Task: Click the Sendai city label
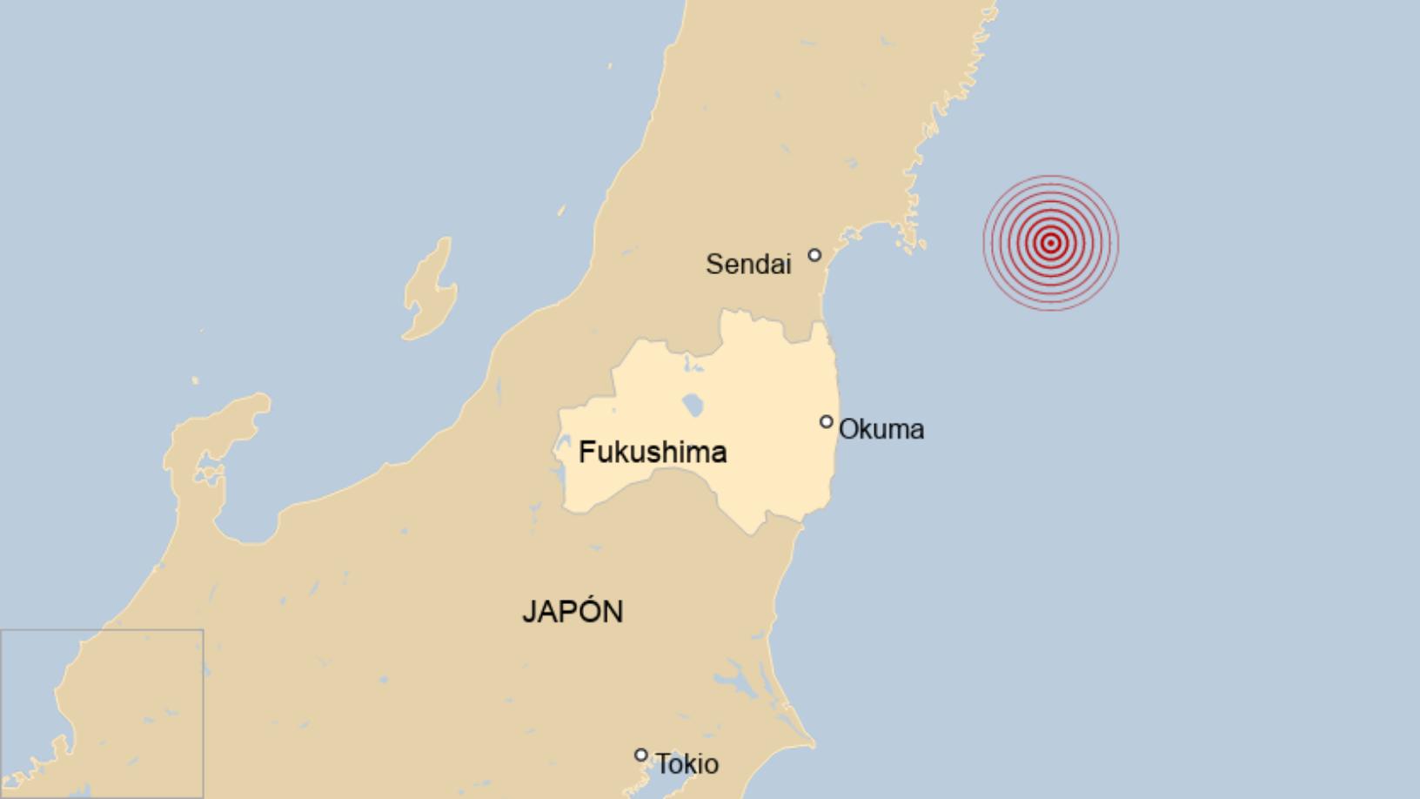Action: click(x=748, y=264)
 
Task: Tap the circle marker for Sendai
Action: click(x=814, y=255)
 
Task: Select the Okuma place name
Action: click(x=881, y=429)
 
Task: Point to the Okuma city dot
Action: click(x=826, y=422)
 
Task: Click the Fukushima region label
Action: click(x=653, y=452)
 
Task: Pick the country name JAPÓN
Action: click(x=573, y=611)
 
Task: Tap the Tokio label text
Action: click(x=687, y=764)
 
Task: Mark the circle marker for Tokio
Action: click(x=641, y=755)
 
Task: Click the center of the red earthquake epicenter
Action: click(x=1051, y=243)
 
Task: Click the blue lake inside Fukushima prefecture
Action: click(x=693, y=405)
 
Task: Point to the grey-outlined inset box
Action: click(x=102, y=713)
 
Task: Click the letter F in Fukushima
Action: click(x=586, y=452)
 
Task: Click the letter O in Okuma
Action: click(x=848, y=429)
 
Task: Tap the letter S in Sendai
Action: click(x=713, y=264)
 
